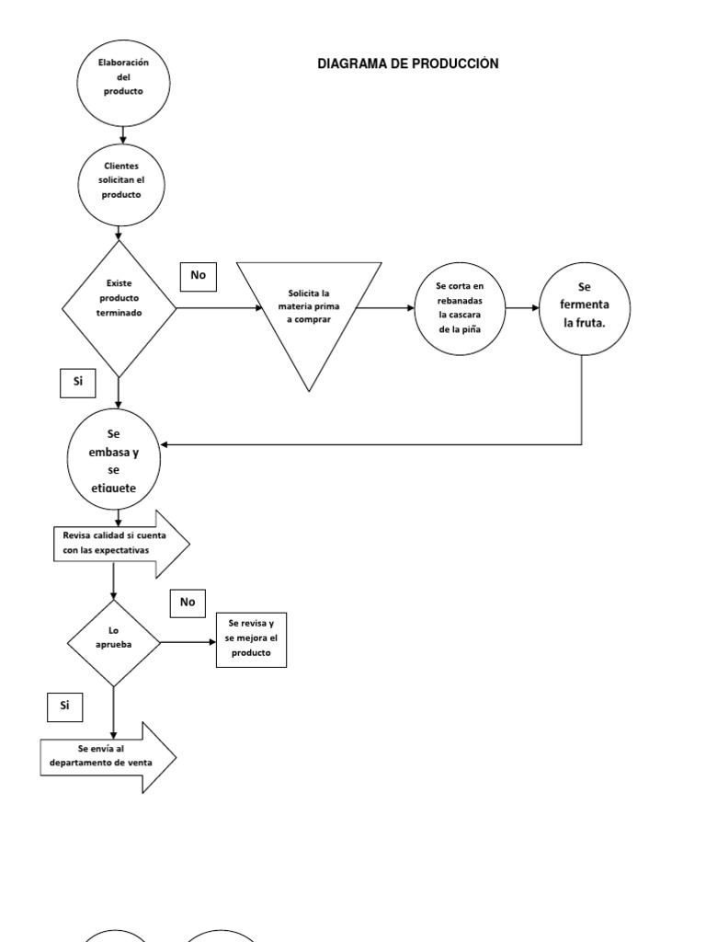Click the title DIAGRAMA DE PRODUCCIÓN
(407, 63)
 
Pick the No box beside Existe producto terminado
(198, 275)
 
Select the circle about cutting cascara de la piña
(460, 308)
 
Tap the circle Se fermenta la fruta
(583, 308)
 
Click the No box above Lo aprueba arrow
(188, 603)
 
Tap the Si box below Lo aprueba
(64, 706)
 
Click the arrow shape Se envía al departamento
(107, 756)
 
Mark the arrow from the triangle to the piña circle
(384, 308)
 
